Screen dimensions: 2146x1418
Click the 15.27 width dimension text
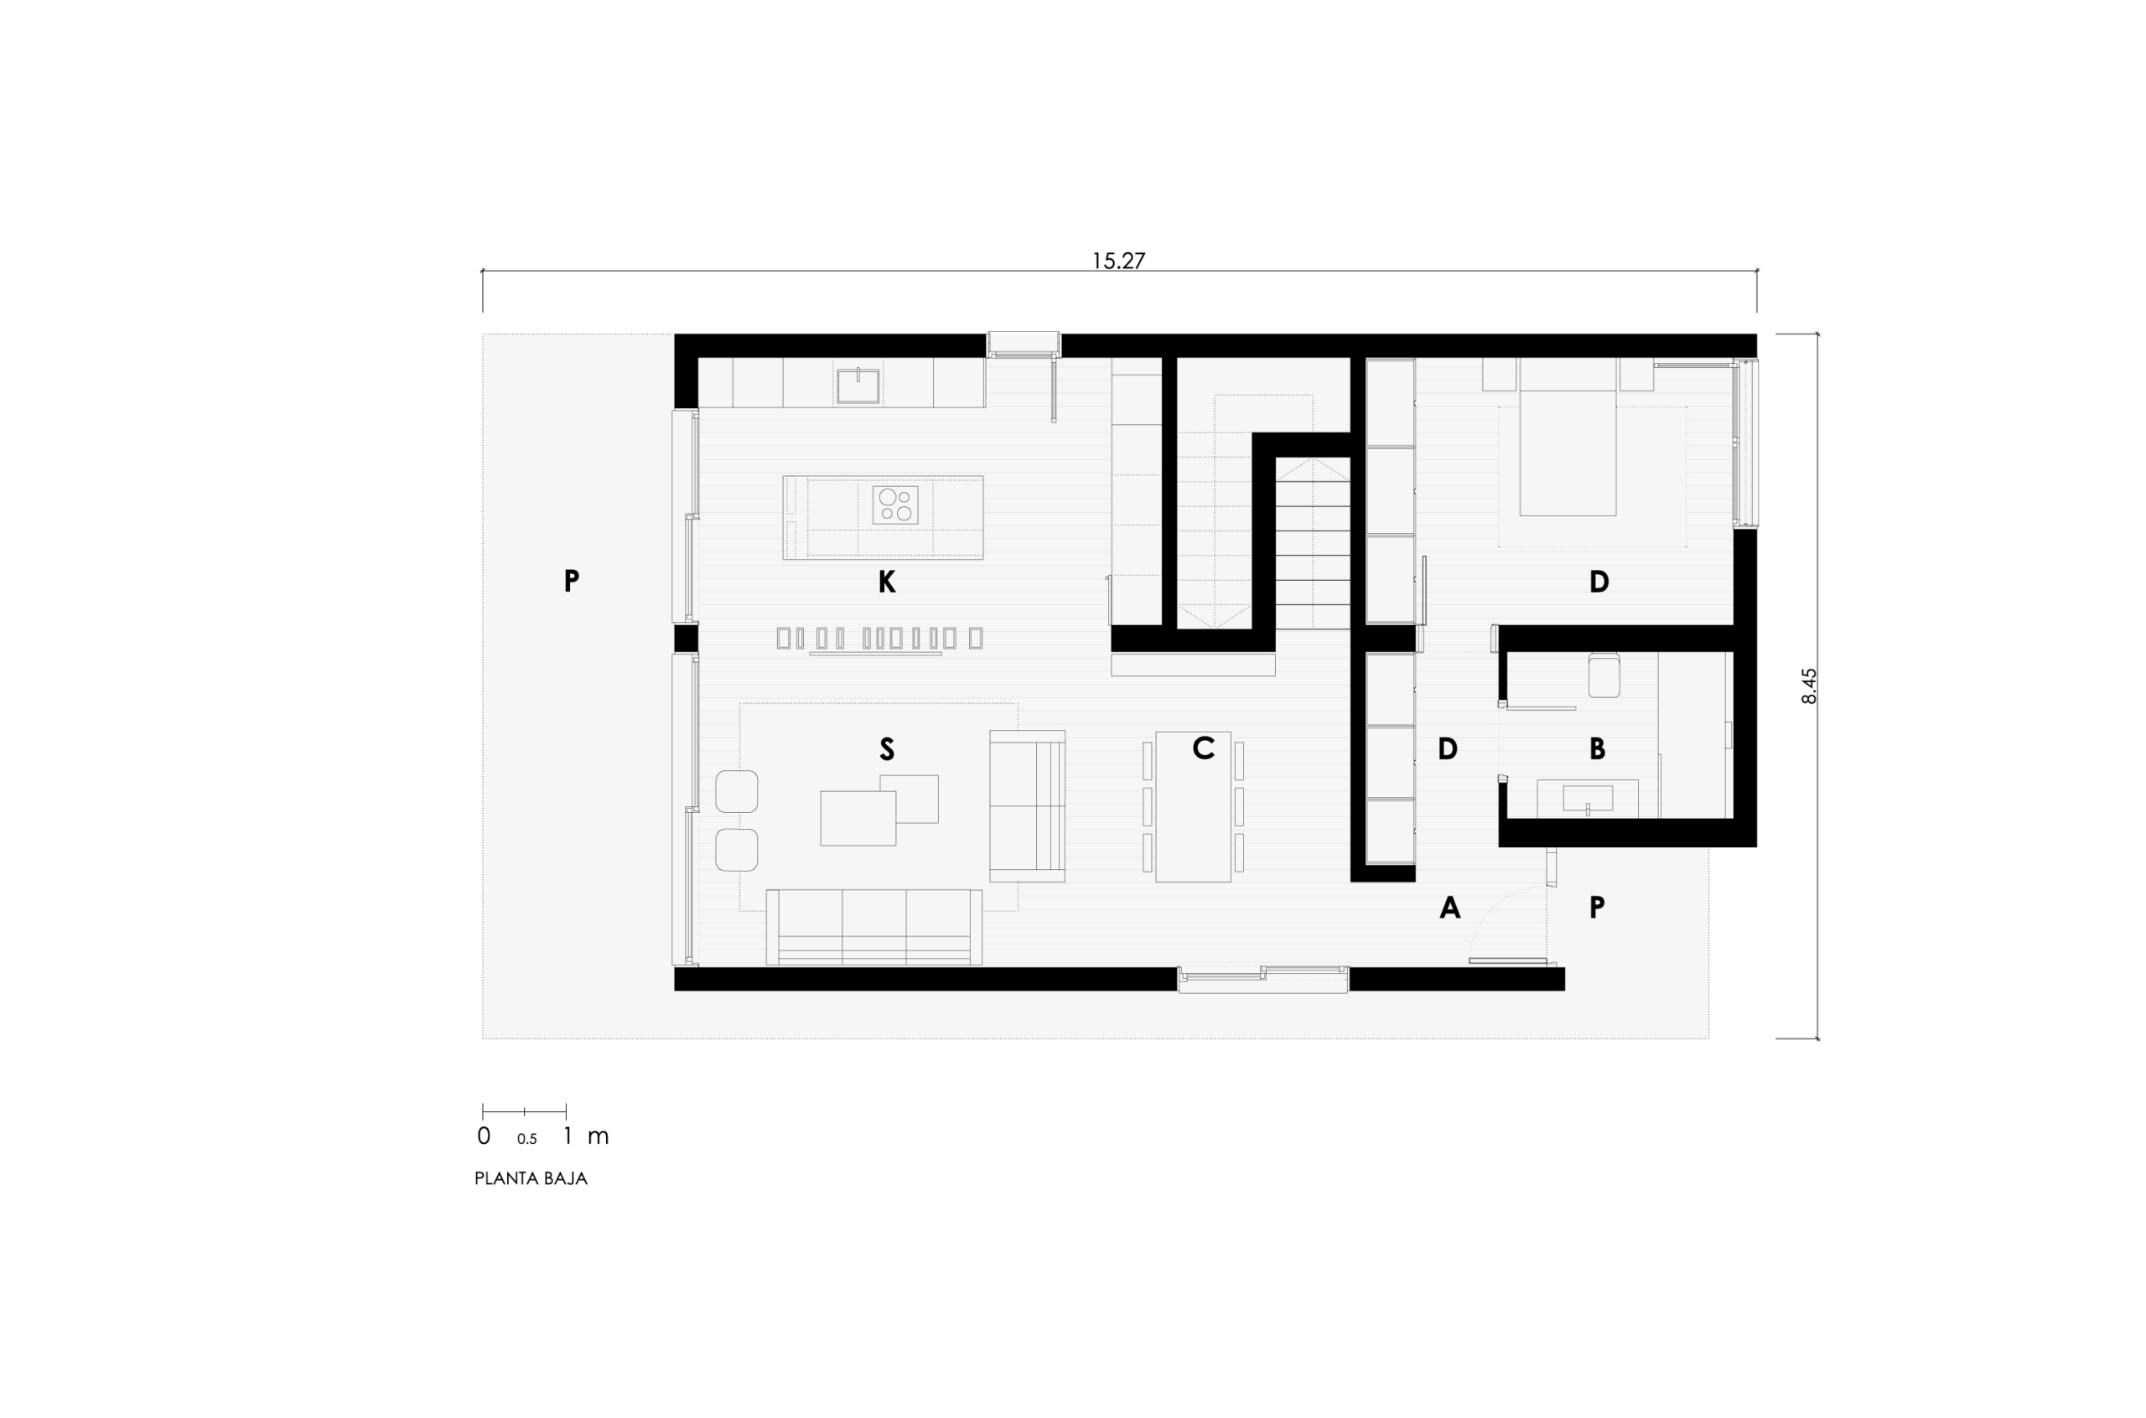click(x=1117, y=261)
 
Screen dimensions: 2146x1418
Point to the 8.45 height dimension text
click(x=1808, y=686)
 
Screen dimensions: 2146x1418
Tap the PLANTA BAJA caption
click(x=531, y=1178)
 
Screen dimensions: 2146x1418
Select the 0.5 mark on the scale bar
click(x=526, y=1140)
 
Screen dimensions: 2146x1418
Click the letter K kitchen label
click(x=886, y=582)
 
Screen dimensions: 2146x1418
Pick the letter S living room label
click(x=886, y=748)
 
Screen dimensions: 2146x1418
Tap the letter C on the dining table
click(x=1203, y=747)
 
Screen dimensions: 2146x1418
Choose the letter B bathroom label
click(x=1597, y=748)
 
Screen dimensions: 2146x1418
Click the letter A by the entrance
click(x=1449, y=907)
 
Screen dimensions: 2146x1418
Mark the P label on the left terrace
click(x=571, y=581)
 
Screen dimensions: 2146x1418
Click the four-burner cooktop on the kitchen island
click(x=894, y=505)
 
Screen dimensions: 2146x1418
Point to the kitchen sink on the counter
click(x=858, y=386)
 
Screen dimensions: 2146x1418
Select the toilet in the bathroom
click(x=1604, y=675)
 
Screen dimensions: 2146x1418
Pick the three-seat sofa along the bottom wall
click(x=873, y=927)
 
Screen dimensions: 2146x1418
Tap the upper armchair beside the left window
click(x=736, y=791)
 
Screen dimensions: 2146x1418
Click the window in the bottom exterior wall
click(x=1262, y=979)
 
